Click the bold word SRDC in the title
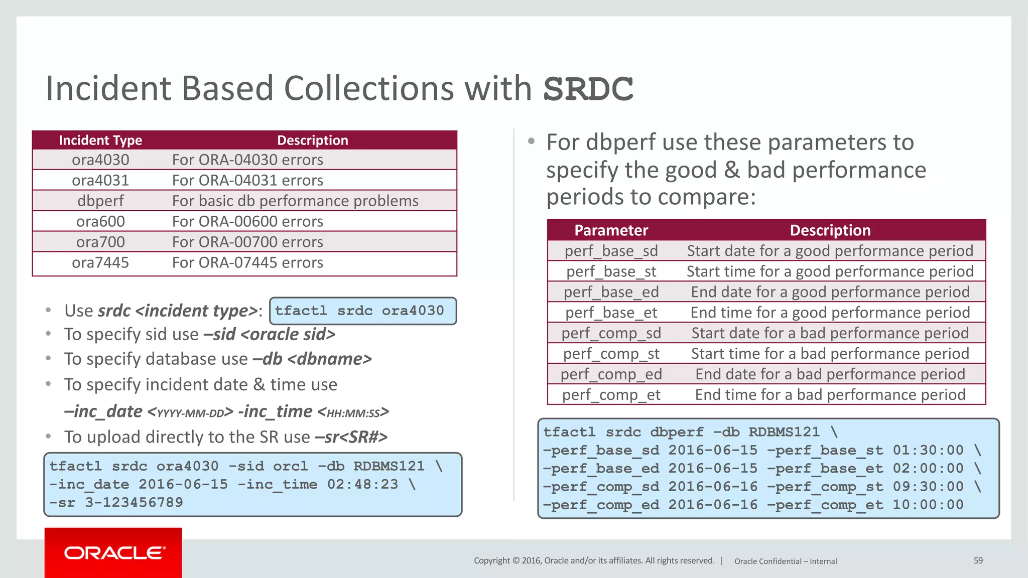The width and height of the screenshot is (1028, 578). click(x=588, y=89)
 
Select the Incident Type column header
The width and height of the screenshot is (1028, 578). click(x=100, y=140)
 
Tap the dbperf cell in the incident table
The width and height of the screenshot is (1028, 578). click(x=100, y=201)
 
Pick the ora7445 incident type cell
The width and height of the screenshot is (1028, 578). click(x=100, y=262)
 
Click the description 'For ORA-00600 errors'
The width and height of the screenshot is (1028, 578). click(x=247, y=221)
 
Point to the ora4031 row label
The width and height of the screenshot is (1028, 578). click(x=100, y=180)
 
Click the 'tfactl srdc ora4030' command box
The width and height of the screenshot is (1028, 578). click(x=363, y=311)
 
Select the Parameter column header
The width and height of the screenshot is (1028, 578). click(x=611, y=230)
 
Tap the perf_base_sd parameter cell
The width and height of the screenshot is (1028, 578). click(x=611, y=251)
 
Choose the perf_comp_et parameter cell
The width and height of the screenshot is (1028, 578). click(x=611, y=395)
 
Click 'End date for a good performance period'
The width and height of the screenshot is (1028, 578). click(x=830, y=292)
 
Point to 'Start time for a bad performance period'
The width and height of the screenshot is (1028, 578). click(x=830, y=354)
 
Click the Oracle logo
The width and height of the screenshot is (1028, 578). click(x=113, y=553)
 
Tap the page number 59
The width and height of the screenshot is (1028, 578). click(x=978, y=560)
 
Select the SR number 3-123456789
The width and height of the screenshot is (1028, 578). click(x=134, y=502)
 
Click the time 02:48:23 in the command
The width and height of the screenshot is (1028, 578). click(x=362, y=484)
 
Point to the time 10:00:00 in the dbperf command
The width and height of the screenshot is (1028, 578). click(x=928, y=505)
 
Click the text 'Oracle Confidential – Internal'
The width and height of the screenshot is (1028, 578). click(x=786, y=561)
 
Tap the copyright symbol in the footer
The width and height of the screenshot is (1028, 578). click(x=516, y=560)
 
